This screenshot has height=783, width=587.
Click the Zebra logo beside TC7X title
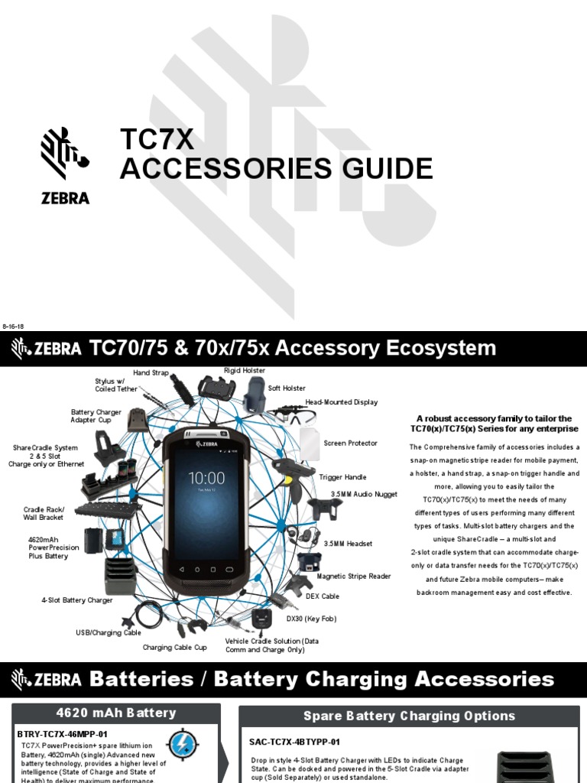[65, 165]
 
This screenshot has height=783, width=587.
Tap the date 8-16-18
[14, 326]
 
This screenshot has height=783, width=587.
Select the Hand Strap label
[151, 372]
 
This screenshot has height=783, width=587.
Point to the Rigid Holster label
[245, 370]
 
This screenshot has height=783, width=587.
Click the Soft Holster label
[287, 388]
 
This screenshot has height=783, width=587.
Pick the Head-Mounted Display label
[342, 402]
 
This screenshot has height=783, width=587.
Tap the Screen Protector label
[350, 443]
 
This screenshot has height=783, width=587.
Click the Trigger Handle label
[342, 477]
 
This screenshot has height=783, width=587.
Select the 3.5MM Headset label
[348, 544]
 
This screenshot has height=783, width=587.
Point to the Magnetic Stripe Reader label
[354, 576]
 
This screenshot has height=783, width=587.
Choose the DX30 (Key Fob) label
[312, 618]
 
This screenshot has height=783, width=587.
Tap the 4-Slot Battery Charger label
[76, 600]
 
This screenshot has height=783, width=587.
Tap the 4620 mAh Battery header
[115, 713]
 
